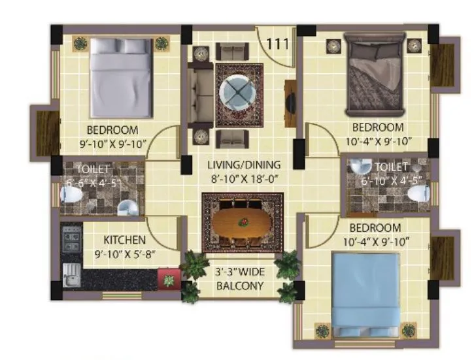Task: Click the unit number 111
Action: coord(279,44)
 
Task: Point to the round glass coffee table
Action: coord(233,95)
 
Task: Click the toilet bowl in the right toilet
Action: coord(418,193)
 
